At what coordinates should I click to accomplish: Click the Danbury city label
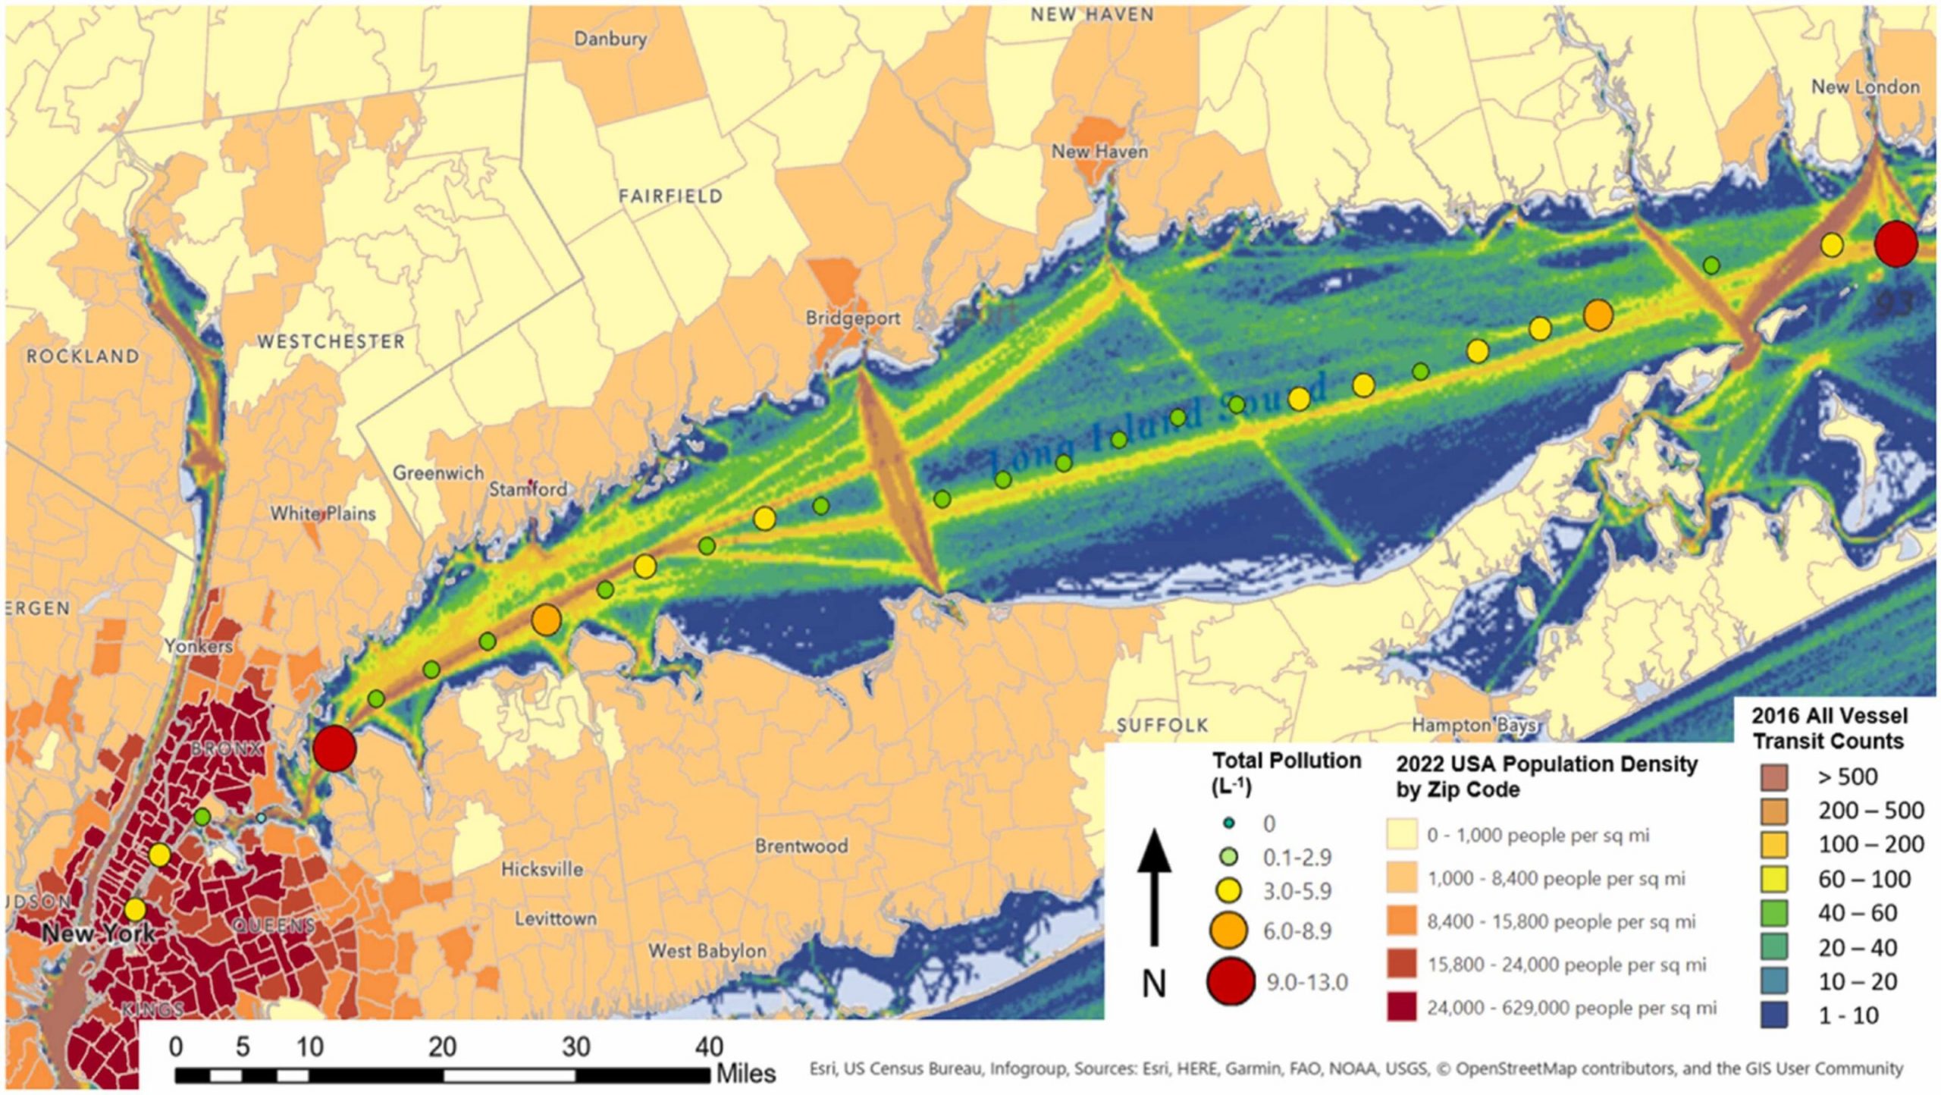click(610, 39)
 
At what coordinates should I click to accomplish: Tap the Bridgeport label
click(852, 318)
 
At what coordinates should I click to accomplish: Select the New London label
click(1865, 87)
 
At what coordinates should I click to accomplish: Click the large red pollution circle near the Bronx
click(334, 748)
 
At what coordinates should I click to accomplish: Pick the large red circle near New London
click(1896, 244)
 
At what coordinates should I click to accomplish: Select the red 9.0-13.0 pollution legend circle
click(1231, 982)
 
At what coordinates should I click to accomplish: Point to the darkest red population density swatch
click(1402, 1008)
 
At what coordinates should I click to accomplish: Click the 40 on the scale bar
click(709, 1047)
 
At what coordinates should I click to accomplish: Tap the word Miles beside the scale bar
click(746, 1074)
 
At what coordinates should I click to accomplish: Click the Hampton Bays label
click(1473, 726)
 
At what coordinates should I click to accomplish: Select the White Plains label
click(323, 514)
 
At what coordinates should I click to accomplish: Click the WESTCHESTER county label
click(331, 342)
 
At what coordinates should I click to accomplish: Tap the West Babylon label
click(707, 951)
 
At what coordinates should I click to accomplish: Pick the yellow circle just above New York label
click(135, 908)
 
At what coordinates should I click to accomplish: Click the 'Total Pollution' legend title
click(1287, 761)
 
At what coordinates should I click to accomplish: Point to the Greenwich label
click(437, 473)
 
